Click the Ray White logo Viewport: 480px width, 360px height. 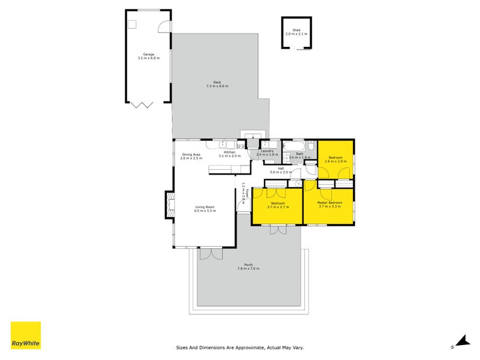click(26, 335)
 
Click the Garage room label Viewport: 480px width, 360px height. click(149, 54)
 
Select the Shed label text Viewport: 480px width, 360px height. click(296, 30)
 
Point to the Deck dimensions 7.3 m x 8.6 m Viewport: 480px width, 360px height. click(217, 86)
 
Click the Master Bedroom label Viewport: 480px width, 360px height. click(330, 203)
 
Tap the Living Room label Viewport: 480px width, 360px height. click(204, 207)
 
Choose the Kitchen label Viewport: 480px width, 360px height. click(229, 152)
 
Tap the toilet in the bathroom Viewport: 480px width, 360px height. click(311, 146)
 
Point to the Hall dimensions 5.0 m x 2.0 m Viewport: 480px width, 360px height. click(281, 172)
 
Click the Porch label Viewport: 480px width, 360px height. click(248, 265)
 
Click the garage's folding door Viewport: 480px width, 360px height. click(142, 104)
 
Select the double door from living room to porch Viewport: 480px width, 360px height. click(211, 254)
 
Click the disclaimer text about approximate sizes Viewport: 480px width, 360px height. click(240, 347)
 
